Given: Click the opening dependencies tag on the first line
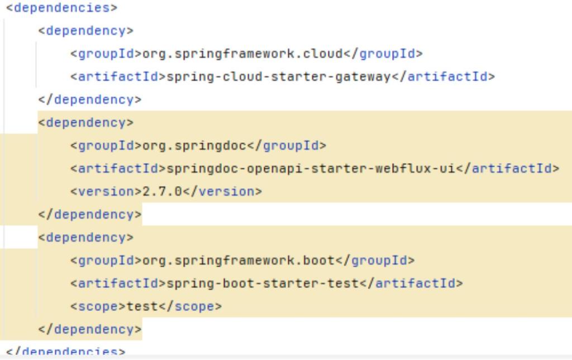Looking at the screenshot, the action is [x=61, y=8].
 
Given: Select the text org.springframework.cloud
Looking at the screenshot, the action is [x=242, y=54].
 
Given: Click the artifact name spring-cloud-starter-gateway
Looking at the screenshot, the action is [x=279, y=77].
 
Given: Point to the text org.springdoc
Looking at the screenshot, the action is [x=194, y=146].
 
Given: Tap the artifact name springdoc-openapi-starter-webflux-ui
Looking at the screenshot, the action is [x=311, y=169].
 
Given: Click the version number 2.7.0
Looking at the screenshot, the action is [x=162, y=191].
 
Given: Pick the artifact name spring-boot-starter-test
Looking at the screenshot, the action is [x=263, y=283].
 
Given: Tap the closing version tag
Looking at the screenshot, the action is [x=222, y=191].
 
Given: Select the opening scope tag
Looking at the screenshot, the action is [x=98, y=306].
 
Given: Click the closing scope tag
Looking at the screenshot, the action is [x=190, y=306].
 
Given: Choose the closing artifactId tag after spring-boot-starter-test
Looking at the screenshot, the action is [x=411, y=283].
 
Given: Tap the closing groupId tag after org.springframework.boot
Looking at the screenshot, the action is [x=375, y=260].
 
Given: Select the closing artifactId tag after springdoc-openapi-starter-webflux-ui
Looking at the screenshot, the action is [x=508, y=169].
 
